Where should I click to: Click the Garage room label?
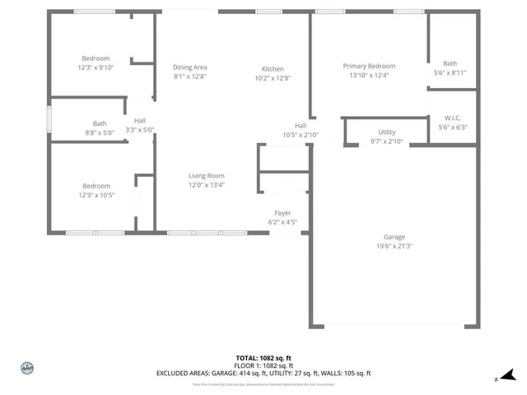coord(394,237)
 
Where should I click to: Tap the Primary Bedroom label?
coord(369,67)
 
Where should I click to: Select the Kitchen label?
coord(273,69)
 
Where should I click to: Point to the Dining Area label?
coord(189,67)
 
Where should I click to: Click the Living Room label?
coord(206,175)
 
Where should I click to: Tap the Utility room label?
coord(386,132)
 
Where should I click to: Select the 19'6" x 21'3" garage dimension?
coord(394,246)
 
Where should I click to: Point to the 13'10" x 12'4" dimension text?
coord(369,76)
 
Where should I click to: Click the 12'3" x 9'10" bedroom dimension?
coord(96,67)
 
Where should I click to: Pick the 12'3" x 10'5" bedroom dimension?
coord(96,195)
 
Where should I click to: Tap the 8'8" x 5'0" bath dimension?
coord(99,132)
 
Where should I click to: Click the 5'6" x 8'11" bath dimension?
coord(450,72)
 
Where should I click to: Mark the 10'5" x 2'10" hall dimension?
coord(301,135)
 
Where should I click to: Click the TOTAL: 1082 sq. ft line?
coord(263,358)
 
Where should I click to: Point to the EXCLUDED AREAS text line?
coord(263,373)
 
